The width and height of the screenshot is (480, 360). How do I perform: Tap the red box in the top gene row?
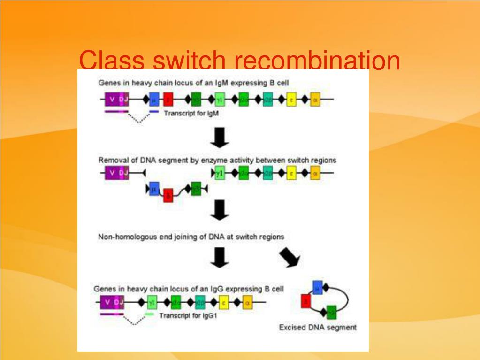click(169, 99)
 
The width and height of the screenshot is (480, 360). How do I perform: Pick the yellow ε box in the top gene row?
click(291, 99)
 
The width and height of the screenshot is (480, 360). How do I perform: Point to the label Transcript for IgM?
click(191, 114)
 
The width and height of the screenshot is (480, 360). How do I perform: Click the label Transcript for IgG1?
click(188, 316)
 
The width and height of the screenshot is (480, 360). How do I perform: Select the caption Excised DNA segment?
click(318, 327)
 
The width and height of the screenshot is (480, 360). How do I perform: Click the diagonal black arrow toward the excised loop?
click(290, 258)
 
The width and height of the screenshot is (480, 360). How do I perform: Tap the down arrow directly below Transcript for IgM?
click(220, 137)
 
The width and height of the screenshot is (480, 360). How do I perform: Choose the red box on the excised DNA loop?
click(306, 301)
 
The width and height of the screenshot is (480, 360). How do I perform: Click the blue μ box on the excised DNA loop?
click(318, 287)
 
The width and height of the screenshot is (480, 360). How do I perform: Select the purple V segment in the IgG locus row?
click(107, 302)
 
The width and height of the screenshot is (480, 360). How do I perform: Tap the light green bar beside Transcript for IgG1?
click(149, 314)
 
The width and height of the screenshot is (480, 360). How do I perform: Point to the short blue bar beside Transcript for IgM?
click(153, 112)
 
